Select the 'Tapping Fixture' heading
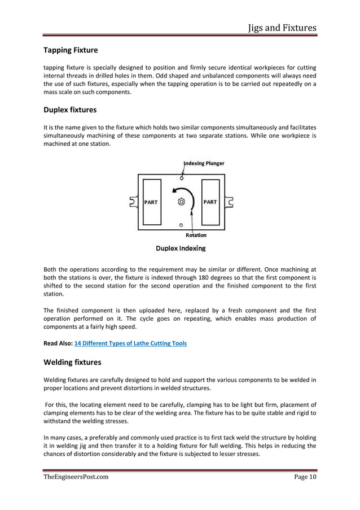(71, 50)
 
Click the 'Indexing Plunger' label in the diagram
(204, 163)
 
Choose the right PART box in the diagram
(210, 202)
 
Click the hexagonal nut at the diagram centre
(181, 202)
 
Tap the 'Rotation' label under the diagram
(196, 235)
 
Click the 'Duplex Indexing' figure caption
(181, 248)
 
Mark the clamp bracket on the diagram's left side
(133, 202)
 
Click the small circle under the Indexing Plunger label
(181, 179)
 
